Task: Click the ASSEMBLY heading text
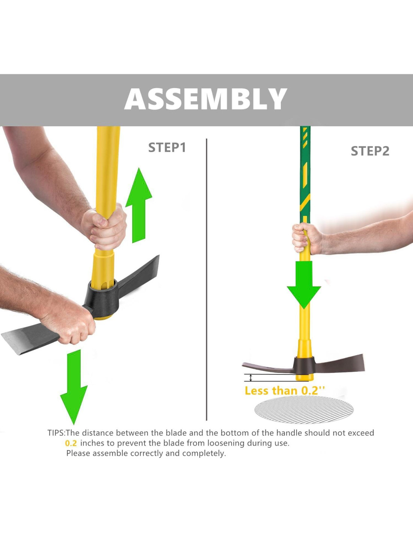click(206, 99)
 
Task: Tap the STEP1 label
click(167, 147)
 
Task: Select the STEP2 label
click(370, 151)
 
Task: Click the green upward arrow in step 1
click(139, 205)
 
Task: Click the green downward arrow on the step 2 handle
click(304, 285)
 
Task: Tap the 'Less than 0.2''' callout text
click(285, 391)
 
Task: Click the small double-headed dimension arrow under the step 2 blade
click(250, 378)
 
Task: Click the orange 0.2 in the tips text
click(71, 443)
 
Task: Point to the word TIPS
click(56, 433)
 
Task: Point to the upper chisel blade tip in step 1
click(158, 256)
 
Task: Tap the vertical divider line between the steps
click(206, 279)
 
